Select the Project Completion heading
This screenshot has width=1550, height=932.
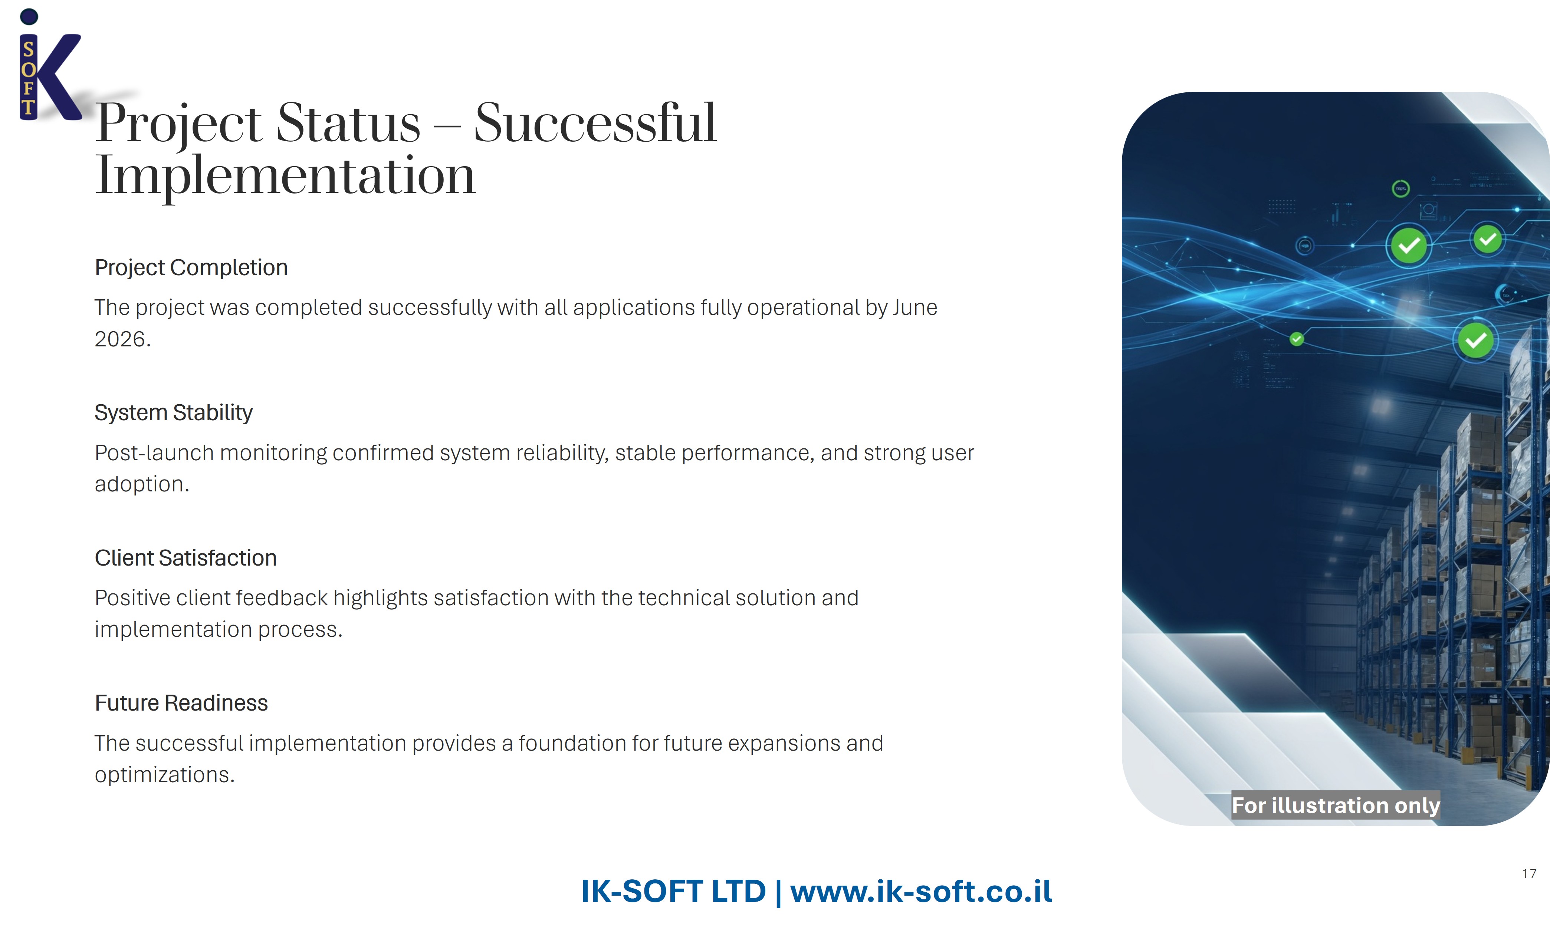(191, 267)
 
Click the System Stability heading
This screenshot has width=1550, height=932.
(173, 413)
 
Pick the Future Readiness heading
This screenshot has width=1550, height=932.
(181, 703)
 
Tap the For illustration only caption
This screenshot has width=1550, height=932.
(1335, 805)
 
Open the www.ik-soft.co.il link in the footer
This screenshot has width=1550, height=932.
(921, 891)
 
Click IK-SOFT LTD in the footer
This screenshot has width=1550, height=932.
(673, 891)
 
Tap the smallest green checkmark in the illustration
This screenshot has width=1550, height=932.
(1297, 339)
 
